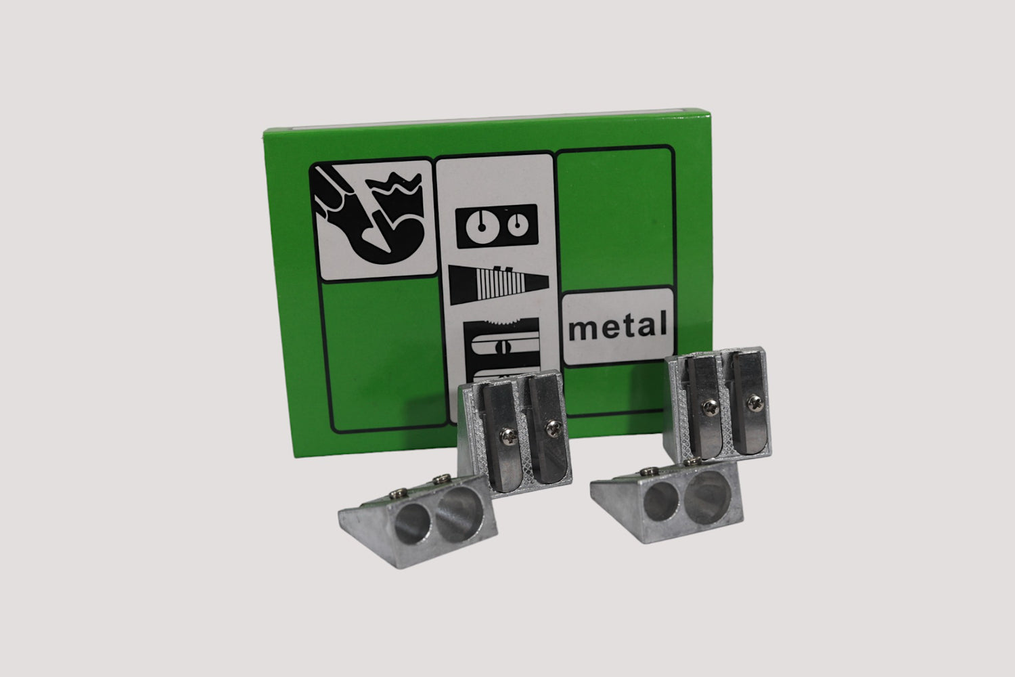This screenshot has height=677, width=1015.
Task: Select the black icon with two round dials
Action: point(497,226)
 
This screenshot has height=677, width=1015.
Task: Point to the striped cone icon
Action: point(499,285)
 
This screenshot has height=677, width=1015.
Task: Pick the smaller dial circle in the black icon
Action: point(517,225)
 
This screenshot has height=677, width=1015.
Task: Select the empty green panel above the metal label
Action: point(615,219)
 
